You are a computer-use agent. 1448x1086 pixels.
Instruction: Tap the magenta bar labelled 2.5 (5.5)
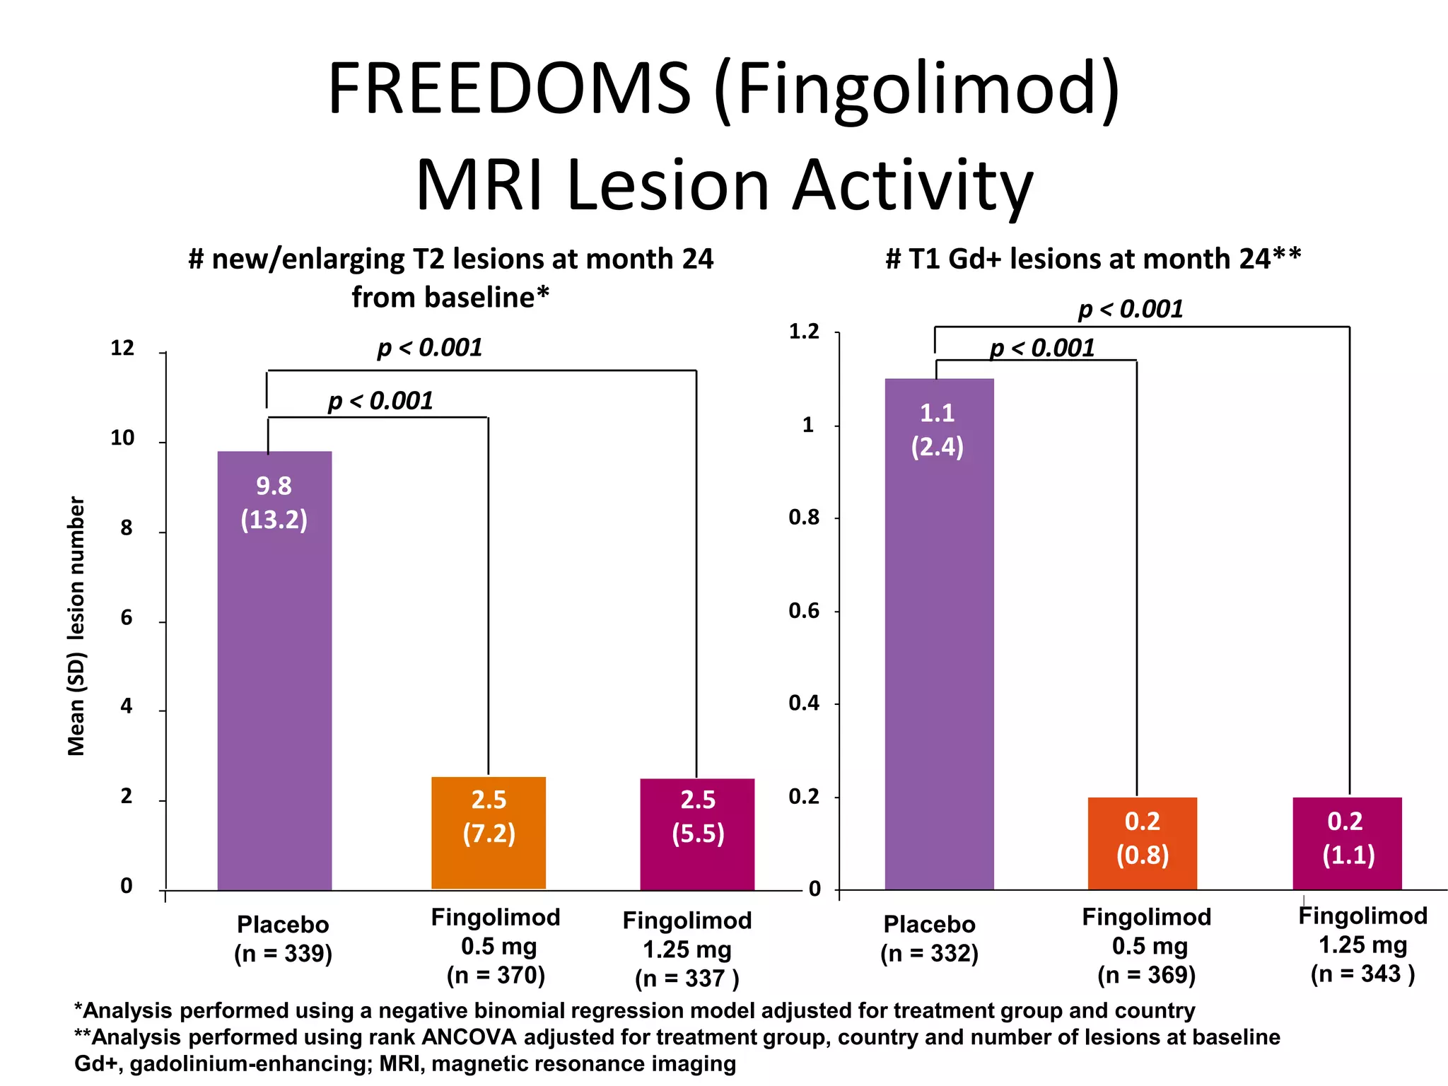pyautogui.click(x=697, y=834)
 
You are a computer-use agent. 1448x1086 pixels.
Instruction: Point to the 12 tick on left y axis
pyautogui.click(x=122, y=348)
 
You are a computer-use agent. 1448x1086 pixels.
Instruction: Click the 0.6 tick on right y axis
pyautogui.click(x=804, y=611)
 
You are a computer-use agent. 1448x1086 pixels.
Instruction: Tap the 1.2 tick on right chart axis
pyautogui.click(x=804, y=332)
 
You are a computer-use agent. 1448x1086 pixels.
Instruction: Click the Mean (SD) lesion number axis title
pyautogui.click(x=76, y=626)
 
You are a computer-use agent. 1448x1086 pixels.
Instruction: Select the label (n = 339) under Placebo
pyautogui.click(x=283, y=954)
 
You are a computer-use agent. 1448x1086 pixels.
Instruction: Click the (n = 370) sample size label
pyautogui.click(x=496, y=976)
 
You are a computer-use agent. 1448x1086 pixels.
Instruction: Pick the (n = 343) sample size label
pyautogui.click(x=1362, y=974)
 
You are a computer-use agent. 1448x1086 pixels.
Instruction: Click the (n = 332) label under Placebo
pyautogui.click(x=929, y=954)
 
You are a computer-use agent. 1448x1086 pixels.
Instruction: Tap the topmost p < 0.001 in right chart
pyautogui.click(x=1130, y=309)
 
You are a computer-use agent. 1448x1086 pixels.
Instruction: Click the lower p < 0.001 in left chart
pyautogui.click(x=380, y=401)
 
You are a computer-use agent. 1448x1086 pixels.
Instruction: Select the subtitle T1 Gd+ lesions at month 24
pyautogui.click(x=1093, y=259)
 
